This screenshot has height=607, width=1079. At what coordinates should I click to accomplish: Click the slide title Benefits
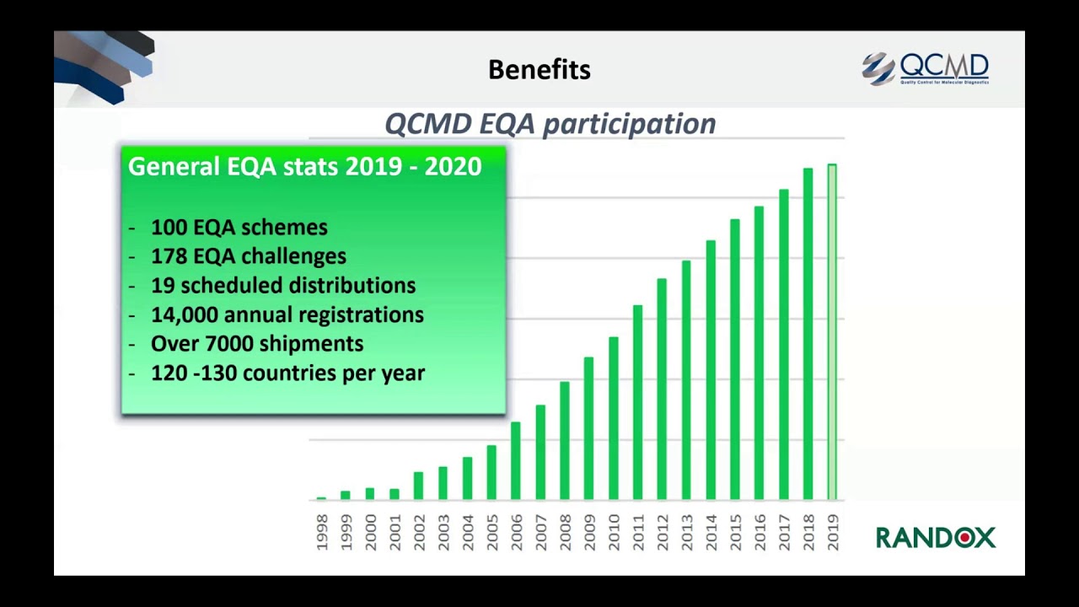click(x=539, y=70)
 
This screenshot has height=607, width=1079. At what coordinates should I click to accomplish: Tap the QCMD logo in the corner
click(x=926, y=68)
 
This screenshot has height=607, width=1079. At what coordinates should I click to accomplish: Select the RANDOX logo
click(x=936, y=537)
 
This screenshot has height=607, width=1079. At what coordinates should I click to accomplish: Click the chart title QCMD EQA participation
click(x=550, y=124)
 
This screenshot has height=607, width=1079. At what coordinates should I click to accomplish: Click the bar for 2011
click(x=637, y=402)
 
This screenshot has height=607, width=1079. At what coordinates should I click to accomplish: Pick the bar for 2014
click(x=711, y=370)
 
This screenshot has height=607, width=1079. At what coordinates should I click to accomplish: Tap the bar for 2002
click(x=418, y=486)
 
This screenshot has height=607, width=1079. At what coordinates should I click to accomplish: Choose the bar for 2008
click(x=564, y=440)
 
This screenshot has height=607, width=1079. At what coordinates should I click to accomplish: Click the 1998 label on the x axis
click(x=321, y=533)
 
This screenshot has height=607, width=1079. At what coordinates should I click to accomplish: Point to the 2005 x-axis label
click(x=491, y=533)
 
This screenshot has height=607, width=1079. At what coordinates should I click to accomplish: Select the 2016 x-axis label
click(x=760, y=533)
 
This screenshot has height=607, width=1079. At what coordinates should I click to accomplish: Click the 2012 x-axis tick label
click(x=662, y=533)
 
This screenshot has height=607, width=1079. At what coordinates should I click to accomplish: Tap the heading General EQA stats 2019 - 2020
click(x=305, y=167)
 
